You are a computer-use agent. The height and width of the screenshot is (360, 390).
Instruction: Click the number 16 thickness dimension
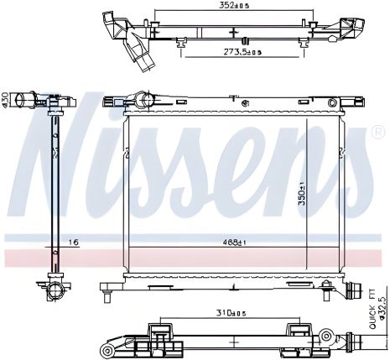[74, 243]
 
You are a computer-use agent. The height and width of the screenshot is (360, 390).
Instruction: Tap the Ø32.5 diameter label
[382, 307]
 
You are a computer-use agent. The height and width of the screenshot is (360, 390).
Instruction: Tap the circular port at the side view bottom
[55, 290]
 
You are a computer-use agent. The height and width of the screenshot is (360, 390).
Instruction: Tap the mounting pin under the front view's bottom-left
[110, 295]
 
